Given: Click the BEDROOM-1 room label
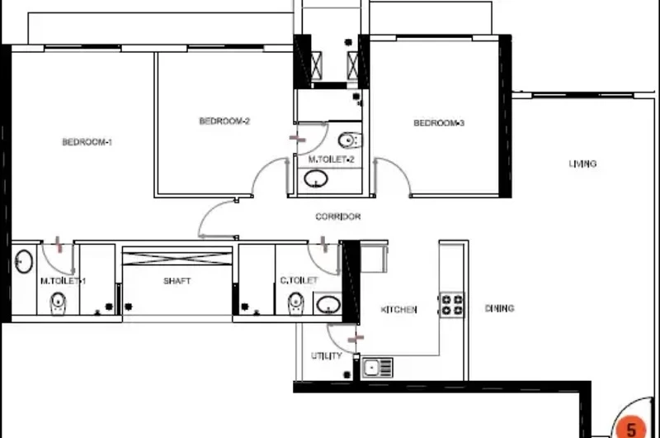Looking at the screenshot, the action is click(87, 142).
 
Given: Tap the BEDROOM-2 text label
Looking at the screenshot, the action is click(224, 121).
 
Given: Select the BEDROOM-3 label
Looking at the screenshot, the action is click(439, 123).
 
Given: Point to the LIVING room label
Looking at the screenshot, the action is click(582, 164).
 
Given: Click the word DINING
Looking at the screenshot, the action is click(500, 308).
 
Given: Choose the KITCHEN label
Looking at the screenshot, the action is click(398, 310).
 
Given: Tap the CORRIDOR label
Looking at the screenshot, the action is click(338, 217).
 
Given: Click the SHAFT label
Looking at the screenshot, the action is click(177, 281).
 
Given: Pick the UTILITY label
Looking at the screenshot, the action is click(327, 356).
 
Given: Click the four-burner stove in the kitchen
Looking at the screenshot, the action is click(451, 305).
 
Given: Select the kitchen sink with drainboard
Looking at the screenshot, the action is click(378, 368).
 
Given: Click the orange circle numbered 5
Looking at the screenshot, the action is click(631, 427).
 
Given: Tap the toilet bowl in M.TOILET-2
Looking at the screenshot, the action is click(350, 140).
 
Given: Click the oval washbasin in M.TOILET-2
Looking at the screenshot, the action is click(316, 179).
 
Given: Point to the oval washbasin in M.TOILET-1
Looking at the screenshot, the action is click(24, 261).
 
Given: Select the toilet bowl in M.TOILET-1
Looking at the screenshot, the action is click(58, 304).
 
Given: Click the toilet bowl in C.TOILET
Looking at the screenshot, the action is click(296, 303).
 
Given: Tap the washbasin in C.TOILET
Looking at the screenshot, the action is click(328, 304).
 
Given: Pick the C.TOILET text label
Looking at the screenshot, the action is click(299, 280).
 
